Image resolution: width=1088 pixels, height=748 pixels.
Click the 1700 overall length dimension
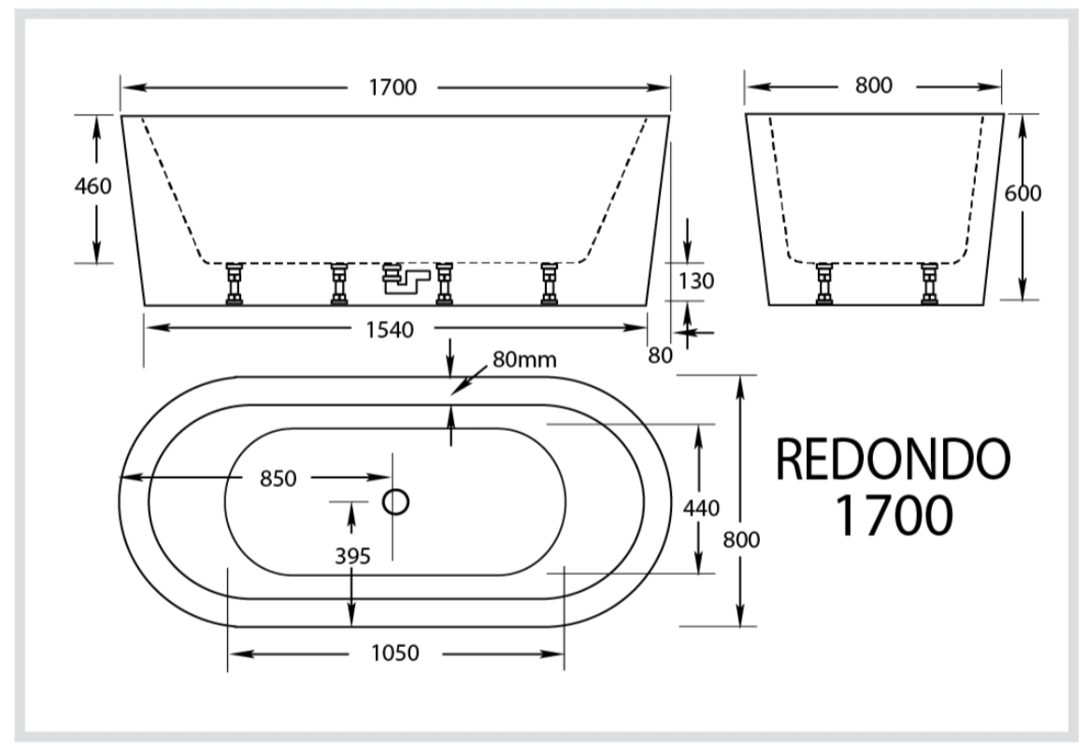point(393,88)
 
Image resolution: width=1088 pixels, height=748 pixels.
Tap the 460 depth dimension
point(93,186)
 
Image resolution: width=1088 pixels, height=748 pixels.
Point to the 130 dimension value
point(695,280)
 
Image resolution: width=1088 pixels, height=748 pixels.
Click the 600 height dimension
point(1023,193)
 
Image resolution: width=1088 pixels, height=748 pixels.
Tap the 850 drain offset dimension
point(278,479)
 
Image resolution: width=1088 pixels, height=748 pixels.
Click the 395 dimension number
point(352,555)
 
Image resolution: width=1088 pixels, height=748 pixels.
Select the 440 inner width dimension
point(700,509)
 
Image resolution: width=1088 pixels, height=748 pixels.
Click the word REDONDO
point(894,460)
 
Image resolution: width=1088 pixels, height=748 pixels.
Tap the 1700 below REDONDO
point(894,515)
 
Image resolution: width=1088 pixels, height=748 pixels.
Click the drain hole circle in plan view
point(396,502)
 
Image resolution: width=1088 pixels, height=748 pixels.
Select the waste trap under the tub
point(403,278)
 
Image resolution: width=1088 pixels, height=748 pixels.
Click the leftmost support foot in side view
point(234,284)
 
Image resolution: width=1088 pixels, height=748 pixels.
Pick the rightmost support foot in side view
point(550,284)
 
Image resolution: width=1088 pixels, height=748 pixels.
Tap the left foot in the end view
point(824,284)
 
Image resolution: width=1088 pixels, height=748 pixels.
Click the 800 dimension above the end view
point(873,86)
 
